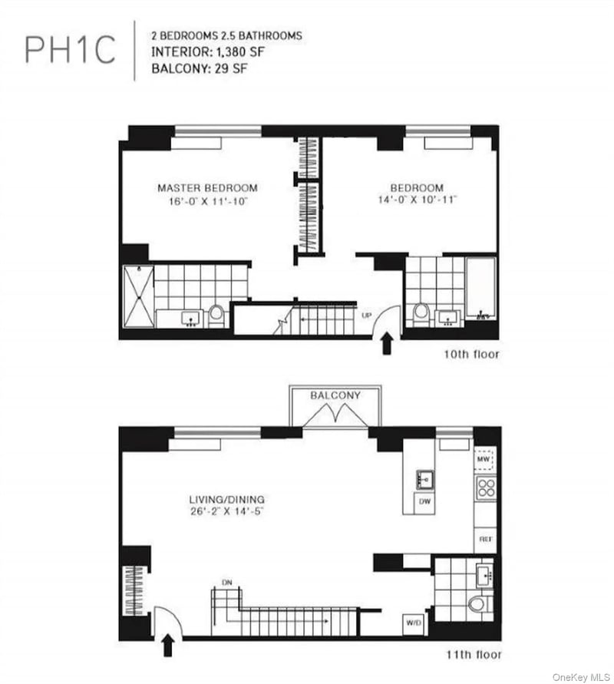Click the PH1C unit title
tap(70, 49)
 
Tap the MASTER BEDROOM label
tap(207, 188)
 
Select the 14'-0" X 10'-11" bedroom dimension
tap(417, 200)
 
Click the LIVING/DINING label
tap(226, 500)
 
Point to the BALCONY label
tap(335, 395)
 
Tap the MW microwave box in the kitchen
tap(484, 459)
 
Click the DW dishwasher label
tap(424, 501)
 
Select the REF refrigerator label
tap(486, 539)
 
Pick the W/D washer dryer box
tap(413, 623)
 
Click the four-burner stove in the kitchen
tap(485, 488)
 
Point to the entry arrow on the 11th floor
tap(168, 645)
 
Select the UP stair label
tap(367, 315)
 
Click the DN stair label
tap(226, 583)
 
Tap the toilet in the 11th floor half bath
tap(478, 604)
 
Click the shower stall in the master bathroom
tap(139, 296)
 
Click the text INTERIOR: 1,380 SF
tap(207, 52)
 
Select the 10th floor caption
tap(471, 354)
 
